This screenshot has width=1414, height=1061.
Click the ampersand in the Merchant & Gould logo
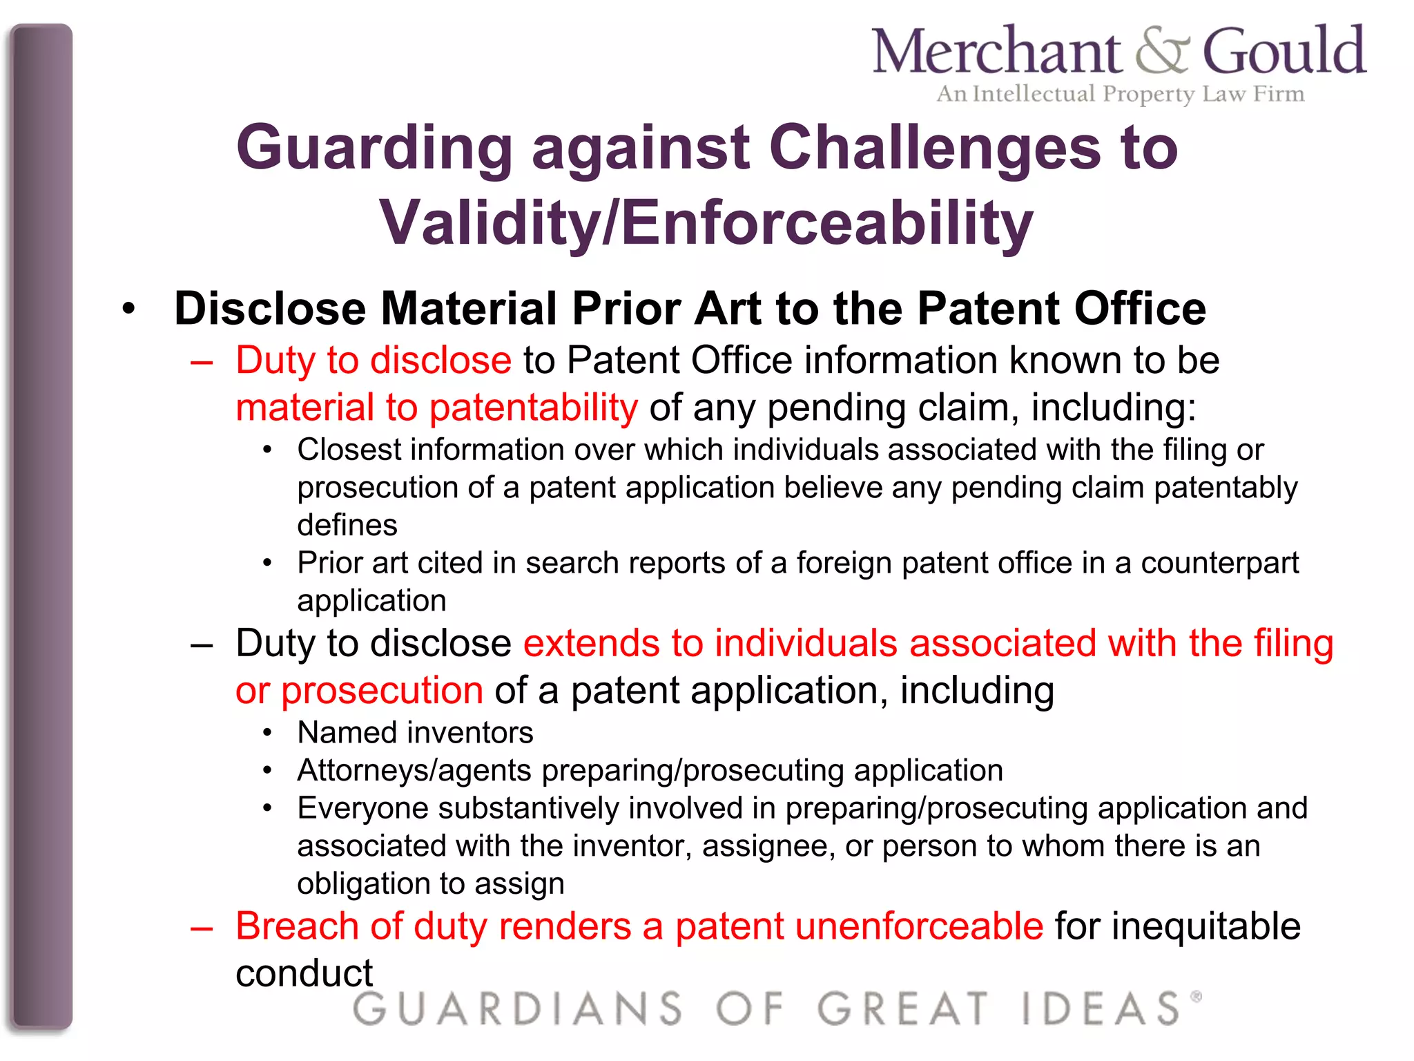pyautogui.click(x=1162, y=52)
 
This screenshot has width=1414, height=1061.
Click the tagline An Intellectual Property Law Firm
pyautogui.click(x=1120, y=94)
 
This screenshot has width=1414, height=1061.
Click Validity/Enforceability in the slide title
pyautogui.click(x=706, y=222)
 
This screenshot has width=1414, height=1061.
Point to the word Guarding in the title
pyautogui.click(x=374, y=149)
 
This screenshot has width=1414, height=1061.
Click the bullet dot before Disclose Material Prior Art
pyautogui.click(x=129, y=309)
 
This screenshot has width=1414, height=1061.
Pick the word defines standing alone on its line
pyautogui.click(x=347, y=525)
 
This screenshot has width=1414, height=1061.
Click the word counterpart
pyautogui.click(x=1219, y=563)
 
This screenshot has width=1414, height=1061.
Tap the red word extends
pyautogui.click(x=591, y=643)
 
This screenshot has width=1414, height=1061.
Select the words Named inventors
pyautogui.click(x=415, y=732)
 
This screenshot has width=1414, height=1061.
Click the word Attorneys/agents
pyautogui.click(x=414, y=770)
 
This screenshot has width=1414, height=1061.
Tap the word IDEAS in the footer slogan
pyautogui.click(x=1102, y=1009)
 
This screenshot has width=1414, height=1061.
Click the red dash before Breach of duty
pyautogui.click(x=202, y=928)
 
